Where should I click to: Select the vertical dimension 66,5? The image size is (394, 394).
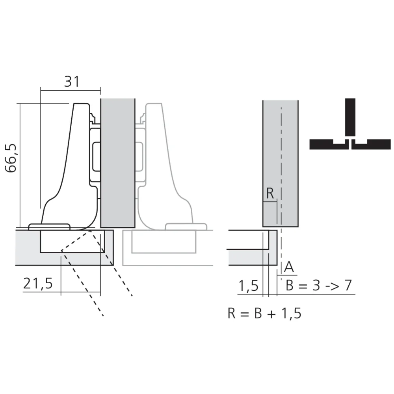tap(12, 158)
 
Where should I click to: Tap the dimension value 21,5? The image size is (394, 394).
tap(37, 283)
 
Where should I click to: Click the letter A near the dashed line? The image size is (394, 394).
tap(289, 267)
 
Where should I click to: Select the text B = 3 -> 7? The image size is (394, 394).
tap(318, 286)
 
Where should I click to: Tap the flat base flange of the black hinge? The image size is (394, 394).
tap(50, 227)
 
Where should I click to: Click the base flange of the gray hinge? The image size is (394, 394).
tap(186, 227)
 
